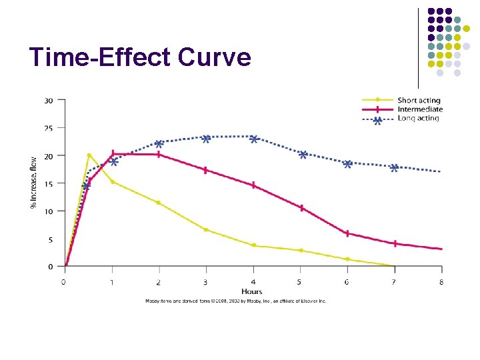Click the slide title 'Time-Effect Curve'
140,58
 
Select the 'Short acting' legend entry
419,101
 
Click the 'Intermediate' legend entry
419,109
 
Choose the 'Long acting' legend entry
418,119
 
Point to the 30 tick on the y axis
49,101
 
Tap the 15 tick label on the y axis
49,183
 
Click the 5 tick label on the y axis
51,239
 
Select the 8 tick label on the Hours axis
441,282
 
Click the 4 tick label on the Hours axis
253,282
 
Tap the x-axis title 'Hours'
252,291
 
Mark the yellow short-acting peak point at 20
89,155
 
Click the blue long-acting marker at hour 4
254,139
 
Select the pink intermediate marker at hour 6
347,233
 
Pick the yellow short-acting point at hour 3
206,230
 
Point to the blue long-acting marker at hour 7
394,168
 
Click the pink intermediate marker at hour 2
159,154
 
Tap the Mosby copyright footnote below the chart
236,301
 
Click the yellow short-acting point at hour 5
301,251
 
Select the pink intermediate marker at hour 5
301,208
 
